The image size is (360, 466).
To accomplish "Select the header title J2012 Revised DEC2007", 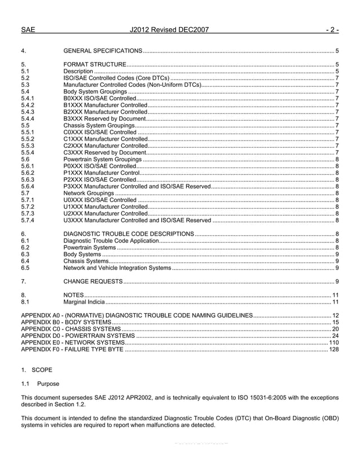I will tap(169, 29).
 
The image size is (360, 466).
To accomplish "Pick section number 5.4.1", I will tap(28, 98).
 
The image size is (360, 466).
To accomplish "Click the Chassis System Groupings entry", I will tap(99, 125).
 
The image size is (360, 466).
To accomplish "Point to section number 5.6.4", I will tap(28, 186).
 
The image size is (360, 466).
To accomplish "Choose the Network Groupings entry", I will tap(88, 193).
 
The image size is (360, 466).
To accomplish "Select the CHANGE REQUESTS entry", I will tap(93, 281).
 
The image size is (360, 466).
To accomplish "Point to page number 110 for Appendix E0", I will tap(333, 342).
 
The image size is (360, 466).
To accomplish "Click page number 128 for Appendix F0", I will tap(333, 349).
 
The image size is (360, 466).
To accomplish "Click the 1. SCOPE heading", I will tap(36, 370).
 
